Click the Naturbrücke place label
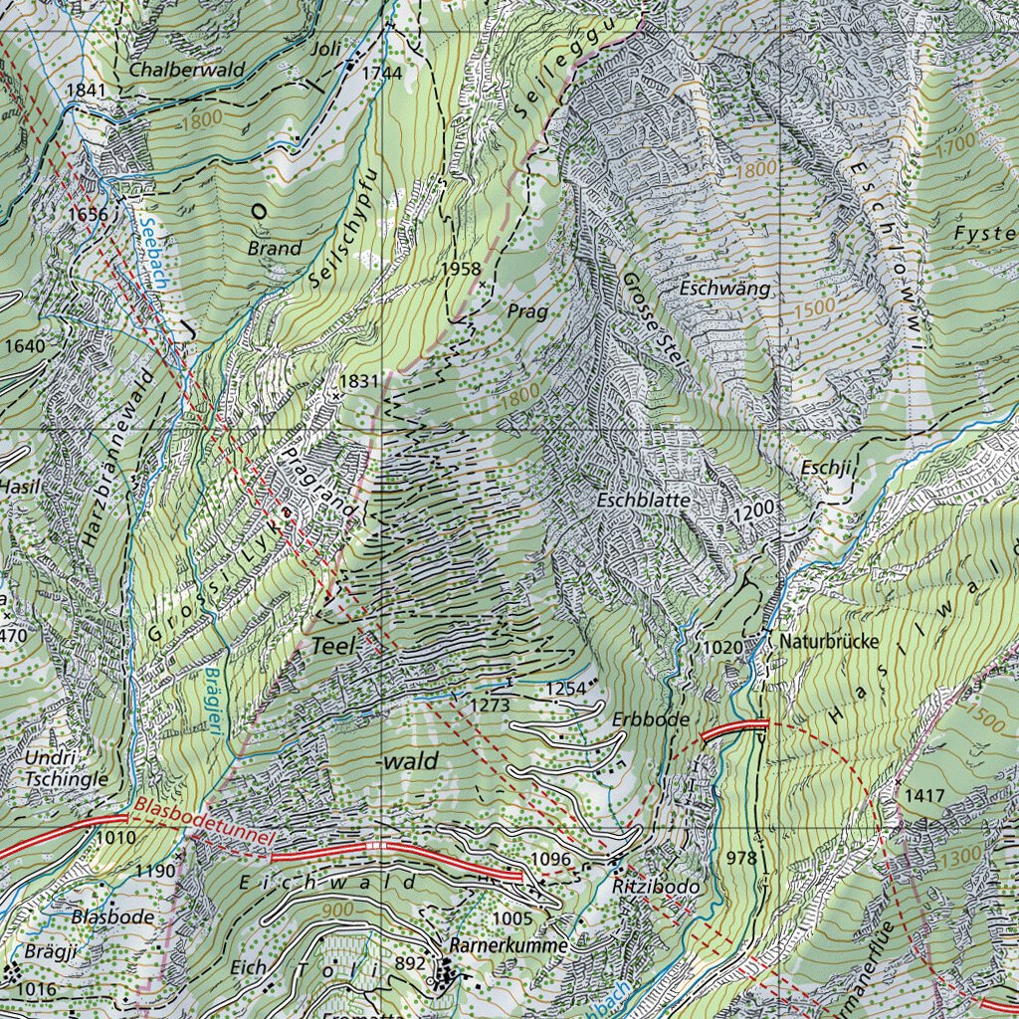click(x=829, y=642)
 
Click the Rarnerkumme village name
click(x=509, y=944)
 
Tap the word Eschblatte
click(x=643, y=501)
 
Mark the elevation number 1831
click(x=359, y=381)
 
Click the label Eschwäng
click(x=725, y=289)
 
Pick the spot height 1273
click(x=492, y=706)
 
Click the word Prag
click(x=526, y=311)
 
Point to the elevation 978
click(x=741, y=858)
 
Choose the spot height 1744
click(x=382, y=73)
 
